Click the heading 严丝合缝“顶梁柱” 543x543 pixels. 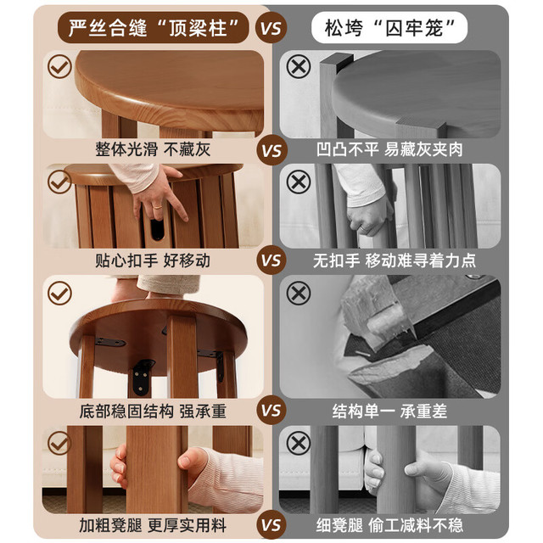153,28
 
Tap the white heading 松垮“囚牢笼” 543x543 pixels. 389,28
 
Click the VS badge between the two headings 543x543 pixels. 271,28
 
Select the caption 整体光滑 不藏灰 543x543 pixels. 153,149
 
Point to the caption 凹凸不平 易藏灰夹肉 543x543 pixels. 389,149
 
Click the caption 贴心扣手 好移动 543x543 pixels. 153,260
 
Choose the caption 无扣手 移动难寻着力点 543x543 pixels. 395,260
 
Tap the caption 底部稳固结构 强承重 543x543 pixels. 153,411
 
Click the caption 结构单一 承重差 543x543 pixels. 389,411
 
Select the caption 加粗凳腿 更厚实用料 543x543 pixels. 153,525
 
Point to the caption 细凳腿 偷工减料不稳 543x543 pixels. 389,525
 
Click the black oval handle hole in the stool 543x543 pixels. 157,229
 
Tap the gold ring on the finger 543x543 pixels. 157,207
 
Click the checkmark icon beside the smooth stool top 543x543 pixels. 59,66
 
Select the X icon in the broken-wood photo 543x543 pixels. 299,293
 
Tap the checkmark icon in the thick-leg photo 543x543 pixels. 59,443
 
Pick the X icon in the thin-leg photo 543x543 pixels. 299,443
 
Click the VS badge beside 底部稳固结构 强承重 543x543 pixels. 271,411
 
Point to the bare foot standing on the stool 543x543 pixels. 129,289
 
